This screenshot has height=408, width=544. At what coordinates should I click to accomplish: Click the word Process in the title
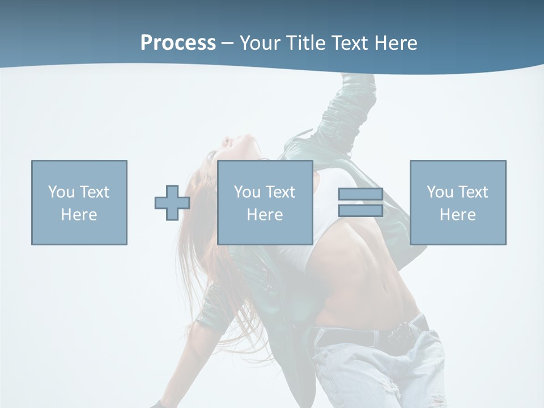(178, 43)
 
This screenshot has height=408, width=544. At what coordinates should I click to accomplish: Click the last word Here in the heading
(395, 43)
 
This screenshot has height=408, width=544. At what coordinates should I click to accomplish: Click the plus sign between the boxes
(172, 203)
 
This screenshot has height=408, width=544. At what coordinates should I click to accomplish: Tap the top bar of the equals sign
(360, 194)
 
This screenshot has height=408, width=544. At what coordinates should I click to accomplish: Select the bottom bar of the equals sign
(360, 211)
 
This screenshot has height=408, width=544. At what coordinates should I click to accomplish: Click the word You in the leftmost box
(61, 192)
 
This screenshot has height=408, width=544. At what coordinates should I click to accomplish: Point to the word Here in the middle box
(265, 215)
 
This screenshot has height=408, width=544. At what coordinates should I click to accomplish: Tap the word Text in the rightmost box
(472, 192)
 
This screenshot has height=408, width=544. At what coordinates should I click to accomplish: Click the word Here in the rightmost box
(458, 215)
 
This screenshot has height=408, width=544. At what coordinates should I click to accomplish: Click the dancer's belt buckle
(403, 333)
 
